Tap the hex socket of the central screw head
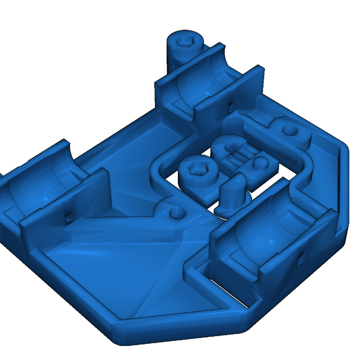coord(197,170)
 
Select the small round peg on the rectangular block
coord(260,162)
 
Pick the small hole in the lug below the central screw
coord(176,212)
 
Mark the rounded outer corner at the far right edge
coord(346,148)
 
